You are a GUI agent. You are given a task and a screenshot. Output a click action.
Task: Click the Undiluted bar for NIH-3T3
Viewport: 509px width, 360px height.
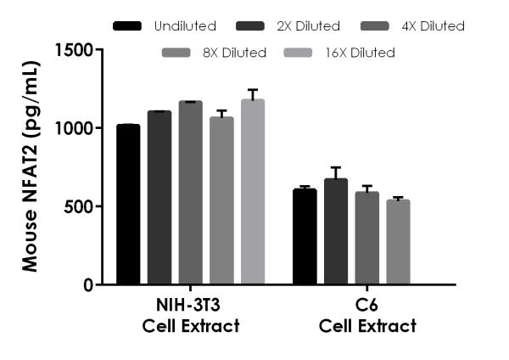128,205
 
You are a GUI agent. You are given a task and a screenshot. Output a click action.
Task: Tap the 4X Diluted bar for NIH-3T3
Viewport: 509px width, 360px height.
191,193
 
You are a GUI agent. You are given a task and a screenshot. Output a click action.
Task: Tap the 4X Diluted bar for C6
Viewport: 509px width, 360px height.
367,239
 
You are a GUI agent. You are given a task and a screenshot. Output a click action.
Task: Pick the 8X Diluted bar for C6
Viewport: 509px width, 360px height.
398,243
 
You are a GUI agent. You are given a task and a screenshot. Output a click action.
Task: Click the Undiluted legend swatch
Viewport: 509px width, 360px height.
128,26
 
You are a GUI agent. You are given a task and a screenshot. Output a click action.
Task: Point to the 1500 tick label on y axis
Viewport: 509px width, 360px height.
74,50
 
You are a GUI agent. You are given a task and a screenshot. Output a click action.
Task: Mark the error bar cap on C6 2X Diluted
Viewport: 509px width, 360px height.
336,168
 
